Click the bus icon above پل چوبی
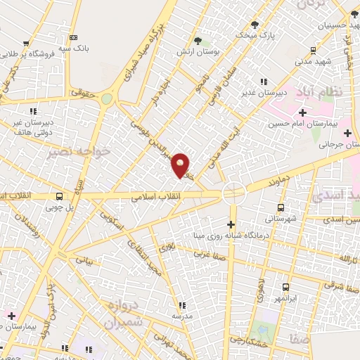(x=59, y=197)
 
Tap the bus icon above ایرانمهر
(x=285, y=288)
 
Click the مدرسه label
(x=182, y=316)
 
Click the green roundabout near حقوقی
(x=106, y=100)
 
